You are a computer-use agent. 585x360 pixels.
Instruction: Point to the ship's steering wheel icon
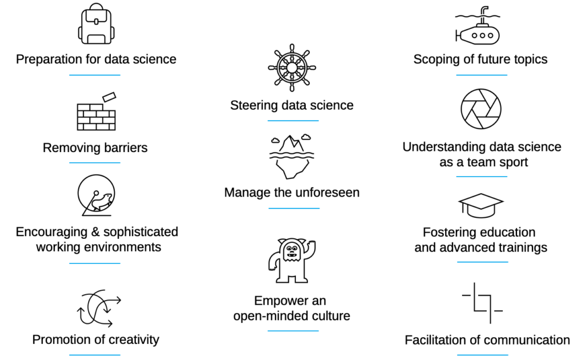tap(292, 67)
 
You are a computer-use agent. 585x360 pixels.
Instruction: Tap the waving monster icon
tap(292, 259)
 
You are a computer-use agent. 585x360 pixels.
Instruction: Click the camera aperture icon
tap(481, 109)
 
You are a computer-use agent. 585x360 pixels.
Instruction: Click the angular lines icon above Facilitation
tap(481, 303)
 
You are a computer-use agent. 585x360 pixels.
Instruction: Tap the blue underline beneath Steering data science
tap(292, 121)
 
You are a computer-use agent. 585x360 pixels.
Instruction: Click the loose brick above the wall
tap(110, 97)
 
